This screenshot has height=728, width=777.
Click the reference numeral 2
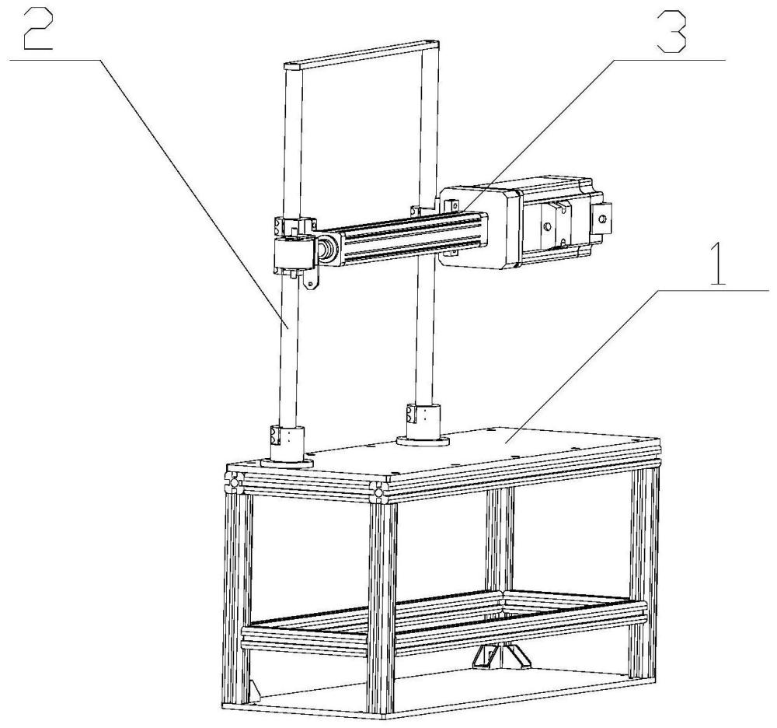[37, 30]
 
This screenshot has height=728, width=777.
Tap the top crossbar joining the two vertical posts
[362, 54]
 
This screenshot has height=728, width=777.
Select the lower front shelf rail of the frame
[444, 630]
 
